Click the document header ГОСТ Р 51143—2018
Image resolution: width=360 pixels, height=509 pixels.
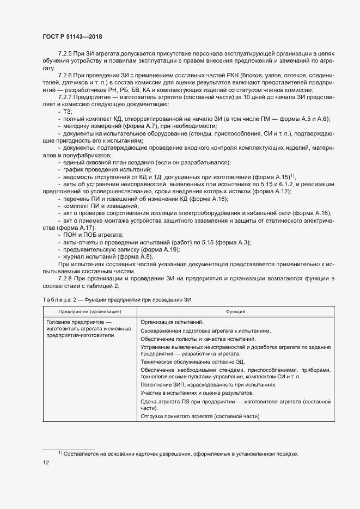click(x=72, y=36)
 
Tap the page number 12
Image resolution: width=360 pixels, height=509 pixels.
click(x=46, y=463)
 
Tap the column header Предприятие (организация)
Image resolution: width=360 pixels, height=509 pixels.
click(x=90, y=311)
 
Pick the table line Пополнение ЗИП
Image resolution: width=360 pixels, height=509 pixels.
click(x=155, y=384)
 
